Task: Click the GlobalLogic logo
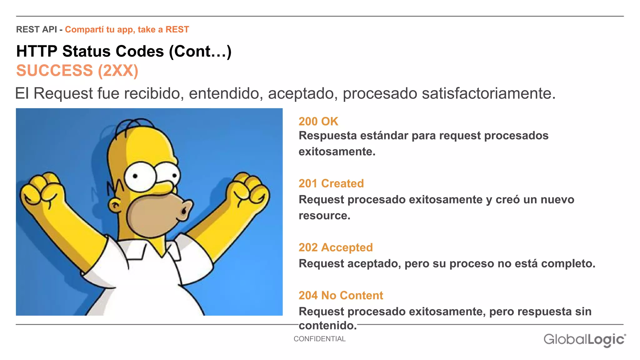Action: pyautogui.click(x=584, y=340)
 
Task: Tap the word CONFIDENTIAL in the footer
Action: pyautogui.click(x=319, y=339)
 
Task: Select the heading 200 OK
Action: pyautogui.click(x=318, y=122)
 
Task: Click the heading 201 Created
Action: pyautogui.click(x=331, y=183)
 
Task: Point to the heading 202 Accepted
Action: pyautogui.click(x=335, y=247)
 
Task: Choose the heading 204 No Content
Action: pyautogui.click(x=341, y=296)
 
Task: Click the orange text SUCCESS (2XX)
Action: pyautogui.click(x=77, y=71)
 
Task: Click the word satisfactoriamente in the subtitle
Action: pyautogui.click(x=488, y=93)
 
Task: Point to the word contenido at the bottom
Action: pyautogui.click(x=327, y=326)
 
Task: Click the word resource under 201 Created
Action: pyautogui.click(x=324, y=216)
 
